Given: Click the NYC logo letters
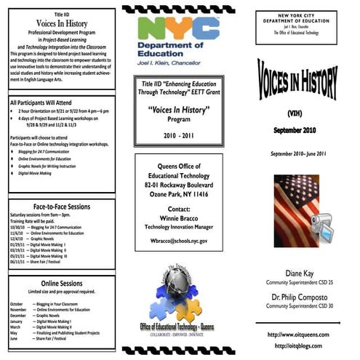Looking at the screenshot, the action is (x=179, y=31).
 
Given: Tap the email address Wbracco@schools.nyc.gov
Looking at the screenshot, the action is (x=178, y=240).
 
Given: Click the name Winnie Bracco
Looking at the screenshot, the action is (x=178, y=217).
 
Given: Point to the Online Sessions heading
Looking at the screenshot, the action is (x=60, y=283).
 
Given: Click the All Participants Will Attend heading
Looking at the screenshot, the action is (x=51, y=103).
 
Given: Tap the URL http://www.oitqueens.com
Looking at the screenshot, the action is (x=295, y=334).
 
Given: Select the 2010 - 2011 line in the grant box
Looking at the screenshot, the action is (x=179, y=135).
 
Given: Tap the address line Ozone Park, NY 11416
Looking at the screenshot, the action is (x=178, y=195).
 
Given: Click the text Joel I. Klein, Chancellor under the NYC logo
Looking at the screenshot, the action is (x=178, y=63).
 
